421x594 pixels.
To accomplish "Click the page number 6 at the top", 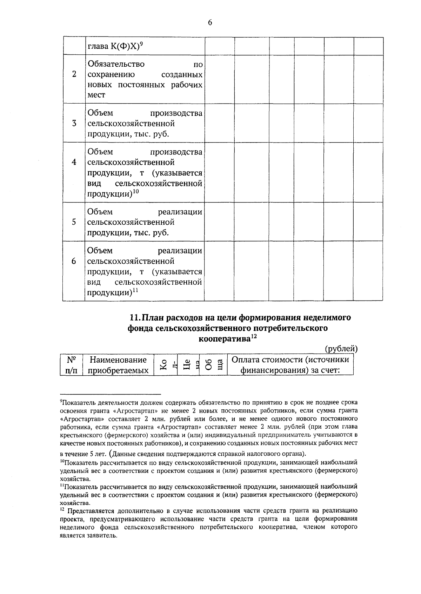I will click(210, 23).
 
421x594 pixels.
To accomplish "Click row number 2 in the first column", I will click(74, 74).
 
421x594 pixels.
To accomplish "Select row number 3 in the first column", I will click(74, 124).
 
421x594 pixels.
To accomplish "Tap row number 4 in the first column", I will click(74, 162).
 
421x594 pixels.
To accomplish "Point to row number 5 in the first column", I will click(74, 222).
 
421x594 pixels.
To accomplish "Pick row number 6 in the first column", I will click(74, 261).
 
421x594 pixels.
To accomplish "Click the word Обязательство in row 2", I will click(116, 64).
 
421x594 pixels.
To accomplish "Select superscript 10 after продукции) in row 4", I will click(136, 191).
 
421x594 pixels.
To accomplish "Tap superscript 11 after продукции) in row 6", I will click(136, 290).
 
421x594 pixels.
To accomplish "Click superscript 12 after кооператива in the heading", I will click(254, 337).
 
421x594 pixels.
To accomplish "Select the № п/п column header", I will click(72, 365).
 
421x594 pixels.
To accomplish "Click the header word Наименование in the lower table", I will click(118, 360).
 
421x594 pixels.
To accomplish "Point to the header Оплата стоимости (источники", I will click(290, 360).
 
